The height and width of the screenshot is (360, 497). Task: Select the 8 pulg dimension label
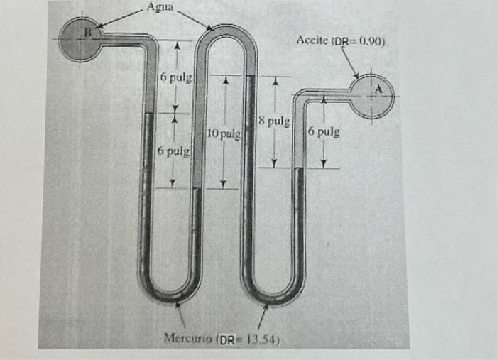coord(274,121)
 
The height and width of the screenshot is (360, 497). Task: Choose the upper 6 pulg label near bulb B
coord(173,76)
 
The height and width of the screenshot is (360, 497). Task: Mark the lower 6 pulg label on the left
coord(172,151)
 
